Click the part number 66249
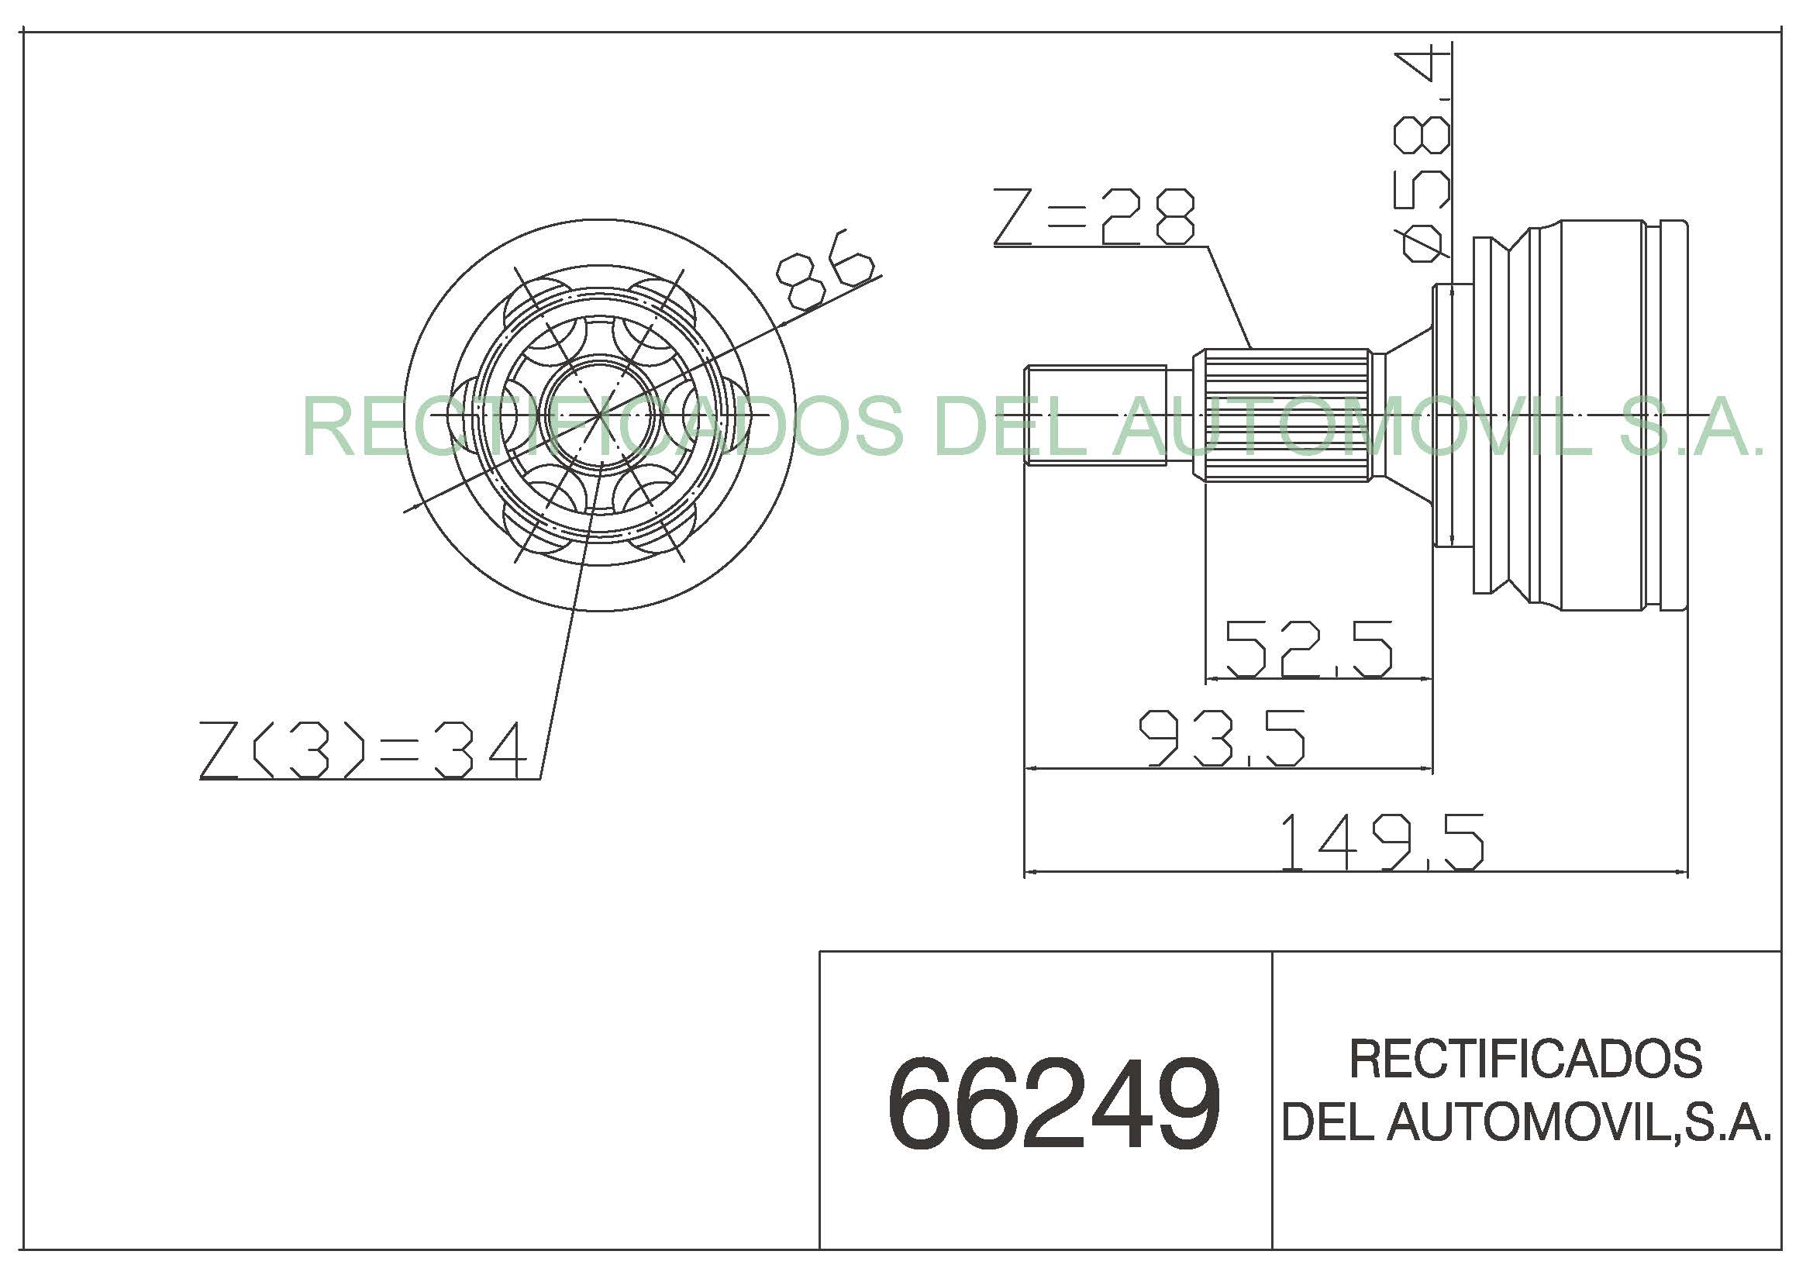tap(1054, 1104)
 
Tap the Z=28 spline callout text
tap(1094, 216)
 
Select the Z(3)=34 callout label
tap(364, 750)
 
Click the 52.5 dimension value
tap(1308, 648)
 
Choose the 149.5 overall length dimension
tap(1381, 843)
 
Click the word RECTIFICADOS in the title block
tap(1526, 1059)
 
